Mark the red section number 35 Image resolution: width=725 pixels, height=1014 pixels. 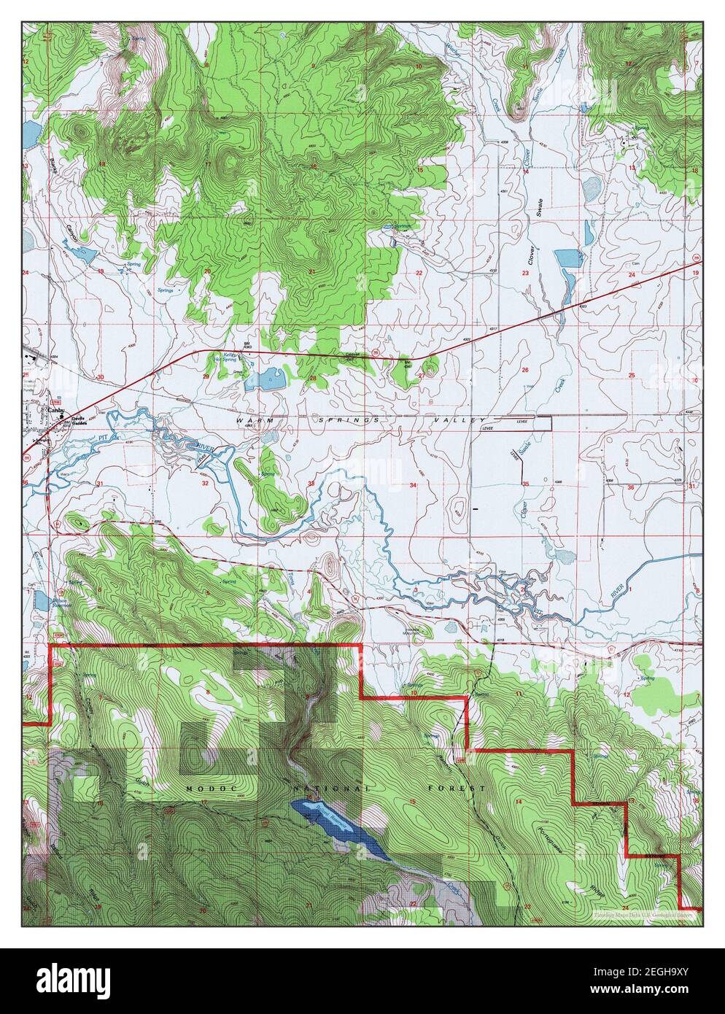click(x=525, y=484)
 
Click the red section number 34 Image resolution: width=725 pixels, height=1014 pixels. click(x=413, y=484)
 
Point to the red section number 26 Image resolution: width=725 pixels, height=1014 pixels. click(x=524, y=371)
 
